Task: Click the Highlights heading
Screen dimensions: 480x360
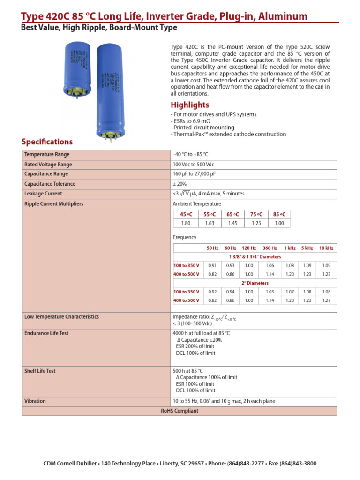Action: tap(190, 105)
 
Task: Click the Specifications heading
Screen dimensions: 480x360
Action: tap(47, 142)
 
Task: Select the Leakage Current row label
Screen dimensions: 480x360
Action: tap(43, 194)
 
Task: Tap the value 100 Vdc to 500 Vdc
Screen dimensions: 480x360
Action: tap(193, 165)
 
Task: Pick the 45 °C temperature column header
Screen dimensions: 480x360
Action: tap(186, 214)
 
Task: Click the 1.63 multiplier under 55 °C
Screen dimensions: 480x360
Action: tap(209, 223)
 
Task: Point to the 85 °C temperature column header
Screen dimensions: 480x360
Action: tap(279, 214)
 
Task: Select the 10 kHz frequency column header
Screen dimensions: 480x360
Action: tap(326, 248)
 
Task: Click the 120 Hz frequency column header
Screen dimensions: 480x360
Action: tap(249, 248)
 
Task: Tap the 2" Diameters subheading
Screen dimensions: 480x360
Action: tap(255, 283)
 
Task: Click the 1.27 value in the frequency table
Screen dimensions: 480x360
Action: tap(326, 300)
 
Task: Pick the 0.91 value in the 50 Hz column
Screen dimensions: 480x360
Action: tap(212, 265)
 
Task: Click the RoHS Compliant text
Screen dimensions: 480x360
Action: tap(180, 411)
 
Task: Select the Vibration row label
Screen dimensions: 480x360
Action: tap(35, 401)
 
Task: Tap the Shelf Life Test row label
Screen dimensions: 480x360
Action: tap(40, 371)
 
